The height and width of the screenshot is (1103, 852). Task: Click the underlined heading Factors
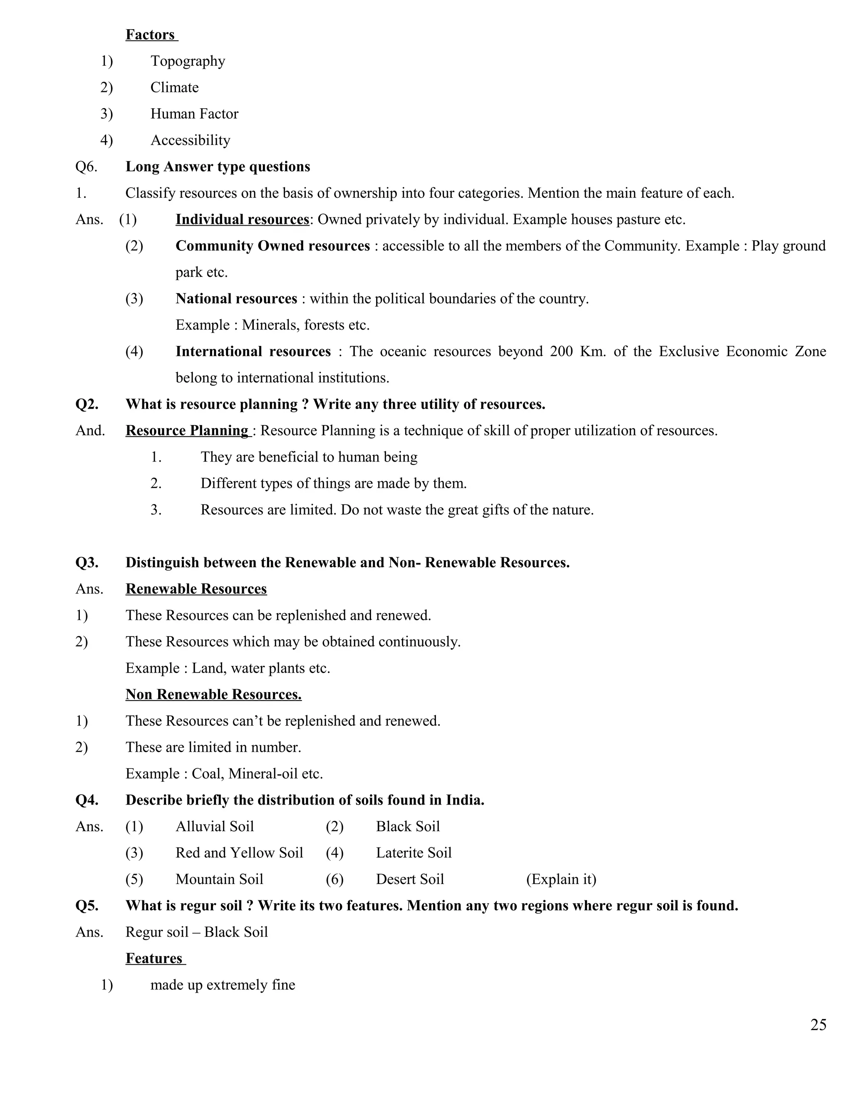point(151,35)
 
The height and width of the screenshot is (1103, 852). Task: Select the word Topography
point(188,61)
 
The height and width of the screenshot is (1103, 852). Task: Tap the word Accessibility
point(190,140)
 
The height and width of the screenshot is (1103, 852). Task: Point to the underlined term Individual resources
point(242,219)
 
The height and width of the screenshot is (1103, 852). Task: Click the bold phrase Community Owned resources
point(272,246)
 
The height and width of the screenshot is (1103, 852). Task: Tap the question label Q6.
point(86,166)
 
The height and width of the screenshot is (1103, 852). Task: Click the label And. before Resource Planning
point(90,431)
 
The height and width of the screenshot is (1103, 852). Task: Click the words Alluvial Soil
point(215,826)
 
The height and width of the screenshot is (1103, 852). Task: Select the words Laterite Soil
point(414,853)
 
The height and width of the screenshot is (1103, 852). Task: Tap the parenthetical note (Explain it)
point(561,879)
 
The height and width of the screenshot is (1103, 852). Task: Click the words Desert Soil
point(410,879)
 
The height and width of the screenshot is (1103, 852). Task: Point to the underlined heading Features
point(154,959)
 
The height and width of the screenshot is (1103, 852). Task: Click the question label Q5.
point(87,906)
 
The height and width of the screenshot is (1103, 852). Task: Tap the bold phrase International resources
point(253,352)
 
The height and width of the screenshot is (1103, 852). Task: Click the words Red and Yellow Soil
point(239,853)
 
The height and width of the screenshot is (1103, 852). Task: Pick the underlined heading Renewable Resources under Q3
point(196,589)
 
